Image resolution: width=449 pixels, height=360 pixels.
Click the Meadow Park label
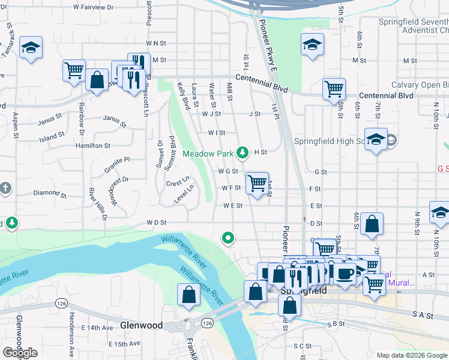point(207,154)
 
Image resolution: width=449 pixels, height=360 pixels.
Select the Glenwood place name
point(141,325)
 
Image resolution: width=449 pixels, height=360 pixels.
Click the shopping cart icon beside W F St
point(257,182)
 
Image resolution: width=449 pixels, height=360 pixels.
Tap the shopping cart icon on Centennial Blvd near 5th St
point(334,89)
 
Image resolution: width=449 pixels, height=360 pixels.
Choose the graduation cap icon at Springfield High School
point(376,139)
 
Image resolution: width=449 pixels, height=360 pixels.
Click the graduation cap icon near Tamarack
point(31,47)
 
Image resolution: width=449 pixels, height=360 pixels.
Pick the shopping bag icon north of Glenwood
point(188,295)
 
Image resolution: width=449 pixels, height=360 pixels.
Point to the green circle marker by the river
point(228,239)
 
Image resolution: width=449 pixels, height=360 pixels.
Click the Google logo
point(20,353)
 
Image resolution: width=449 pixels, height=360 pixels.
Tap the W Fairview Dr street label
point(93,7)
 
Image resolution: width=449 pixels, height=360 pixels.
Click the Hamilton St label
point(92,145)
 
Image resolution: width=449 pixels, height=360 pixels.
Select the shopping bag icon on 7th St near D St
point(372,224)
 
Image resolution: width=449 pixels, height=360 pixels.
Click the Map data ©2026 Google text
point(412,355)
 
